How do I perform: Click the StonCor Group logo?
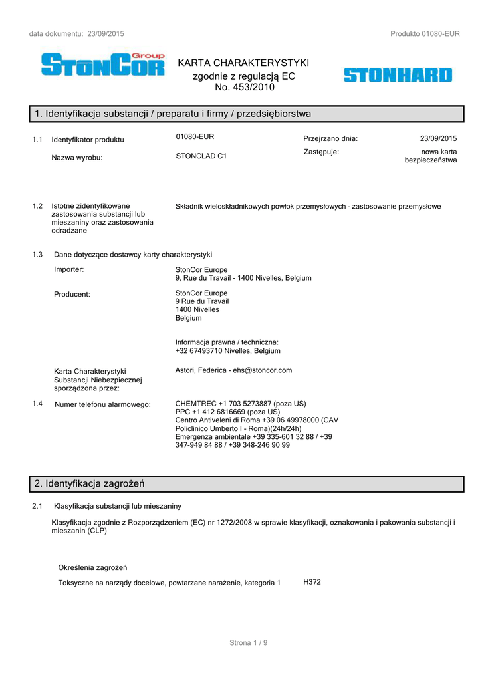102,65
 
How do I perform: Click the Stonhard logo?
398,75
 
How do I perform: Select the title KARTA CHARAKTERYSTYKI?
244,63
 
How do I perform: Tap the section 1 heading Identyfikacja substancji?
173,114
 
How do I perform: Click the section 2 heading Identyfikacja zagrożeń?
90,483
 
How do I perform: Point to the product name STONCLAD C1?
201,156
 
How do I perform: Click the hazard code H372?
312,582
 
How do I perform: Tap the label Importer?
69,269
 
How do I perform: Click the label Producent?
72,294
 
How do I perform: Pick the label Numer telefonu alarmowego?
102,404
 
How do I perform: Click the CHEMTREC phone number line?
241,404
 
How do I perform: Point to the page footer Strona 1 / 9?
248,642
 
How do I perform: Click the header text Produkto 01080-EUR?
425,34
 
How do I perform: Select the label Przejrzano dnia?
330,139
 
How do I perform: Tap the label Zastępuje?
321,152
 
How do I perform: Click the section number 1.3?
37,255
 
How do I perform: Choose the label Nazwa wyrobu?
77,158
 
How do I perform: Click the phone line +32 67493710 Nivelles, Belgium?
227,350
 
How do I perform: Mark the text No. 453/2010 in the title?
244,87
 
